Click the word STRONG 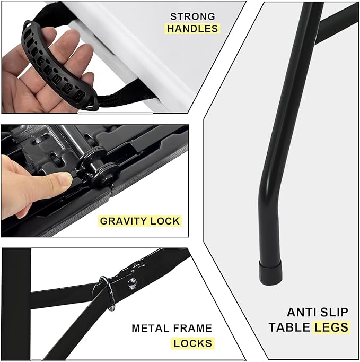coord(193,16)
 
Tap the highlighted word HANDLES coord(193,29)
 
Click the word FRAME coord(193,329)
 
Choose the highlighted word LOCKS coord(193,343)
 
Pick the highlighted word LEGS coord(331,327)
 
